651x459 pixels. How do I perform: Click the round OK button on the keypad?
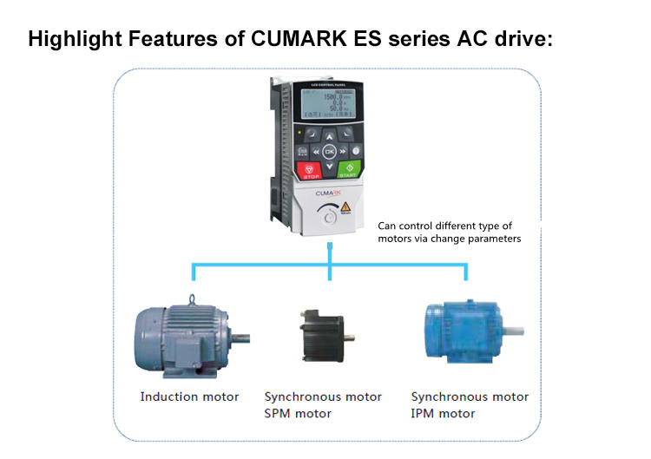pyautogui.click(x=329, y=150)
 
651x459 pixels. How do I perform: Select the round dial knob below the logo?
pyautogui.click(x=329, y=219)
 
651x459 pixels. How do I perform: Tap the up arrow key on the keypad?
pyautogui.click(x=329, y=134)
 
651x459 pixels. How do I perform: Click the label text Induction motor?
pyautogui.click(x=189, y=397)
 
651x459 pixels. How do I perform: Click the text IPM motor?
pyautogui.click(x=443, y=413)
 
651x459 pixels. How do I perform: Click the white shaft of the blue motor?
pyautogui.click(x=514, y=331)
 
